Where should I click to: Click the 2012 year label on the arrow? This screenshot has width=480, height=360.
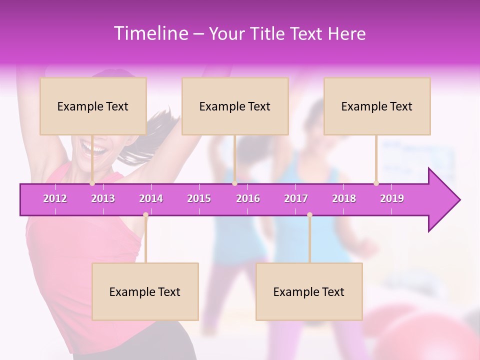[55, 198]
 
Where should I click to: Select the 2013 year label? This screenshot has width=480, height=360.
[103, 198]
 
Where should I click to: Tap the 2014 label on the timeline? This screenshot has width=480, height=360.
[151, 198]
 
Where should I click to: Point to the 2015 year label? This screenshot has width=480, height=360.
[199, 198]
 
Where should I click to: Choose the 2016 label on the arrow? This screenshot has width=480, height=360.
[248, 198]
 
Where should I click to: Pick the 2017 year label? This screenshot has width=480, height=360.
[296, 198]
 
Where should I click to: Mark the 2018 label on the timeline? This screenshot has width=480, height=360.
[344, 198]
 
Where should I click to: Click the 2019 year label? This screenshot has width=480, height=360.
[392, 198]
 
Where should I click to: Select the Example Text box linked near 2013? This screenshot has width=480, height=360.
[93, 106]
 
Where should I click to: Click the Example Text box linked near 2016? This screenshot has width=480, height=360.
[235, 106]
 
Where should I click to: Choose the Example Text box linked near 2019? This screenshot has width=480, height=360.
[377, 106]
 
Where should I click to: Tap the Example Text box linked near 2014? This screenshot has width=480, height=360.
[145, 291]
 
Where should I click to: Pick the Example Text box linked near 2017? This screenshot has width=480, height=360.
[309, 291]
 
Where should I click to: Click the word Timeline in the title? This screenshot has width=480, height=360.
[150, 33]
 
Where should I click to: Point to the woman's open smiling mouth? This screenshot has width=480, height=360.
[94, 147]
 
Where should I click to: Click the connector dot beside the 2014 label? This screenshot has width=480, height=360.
[145, 214]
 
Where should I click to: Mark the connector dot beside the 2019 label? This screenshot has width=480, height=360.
[376, 183]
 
